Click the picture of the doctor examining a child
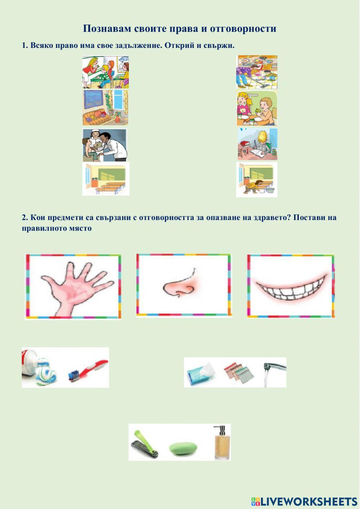pyautogui.click(x=105, y=145)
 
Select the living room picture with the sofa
pyautogui.click(x=105, y=107)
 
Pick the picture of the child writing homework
pyautogui.click(x=257, y=144)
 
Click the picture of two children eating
pyautogui.click(x=257, y=108)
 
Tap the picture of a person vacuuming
pyautogui.click(x=257, y=72)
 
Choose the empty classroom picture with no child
pyautogui.click(x=106, y=179)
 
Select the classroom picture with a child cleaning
pyautogui.click(x=257, y=179)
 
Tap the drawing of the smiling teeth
pyautogui.click(x=291, y=286)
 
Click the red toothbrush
pyautogui.click(x=88, y=369)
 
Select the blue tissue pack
pyautogui.click(x=201, y=373)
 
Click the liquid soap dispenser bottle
pyautogui.click(x=220, y=443)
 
